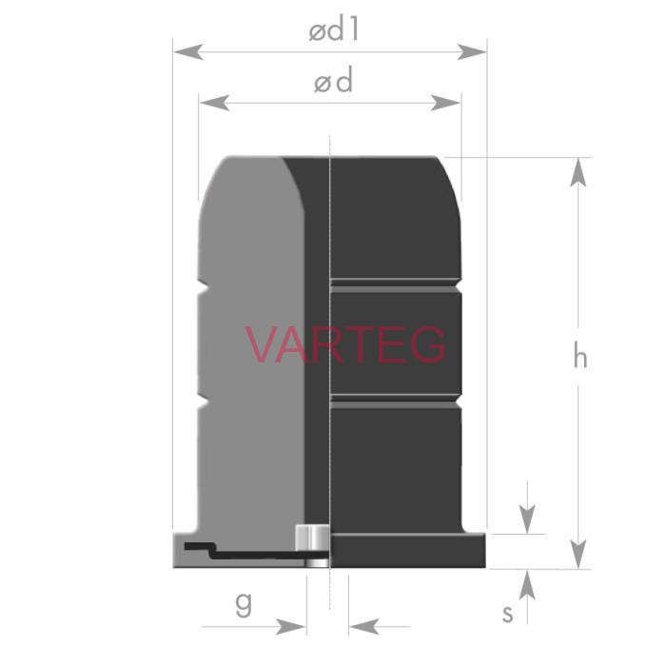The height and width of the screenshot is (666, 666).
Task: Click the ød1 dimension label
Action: [334, 30]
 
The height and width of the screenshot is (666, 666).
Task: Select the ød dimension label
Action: [333, 81]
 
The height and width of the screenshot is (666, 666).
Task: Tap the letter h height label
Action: [580, 356]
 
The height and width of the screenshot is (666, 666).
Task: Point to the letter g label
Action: [244, 604]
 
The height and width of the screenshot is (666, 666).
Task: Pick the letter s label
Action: [507, 614]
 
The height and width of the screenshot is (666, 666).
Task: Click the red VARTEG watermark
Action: [345, 344]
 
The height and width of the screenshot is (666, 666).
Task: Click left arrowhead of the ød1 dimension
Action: [188, 51]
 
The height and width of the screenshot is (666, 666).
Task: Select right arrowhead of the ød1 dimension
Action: [472, 51]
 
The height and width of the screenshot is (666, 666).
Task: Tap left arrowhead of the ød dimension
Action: [214, 103]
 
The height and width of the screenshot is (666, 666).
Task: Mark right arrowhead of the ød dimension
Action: [445, 103]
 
